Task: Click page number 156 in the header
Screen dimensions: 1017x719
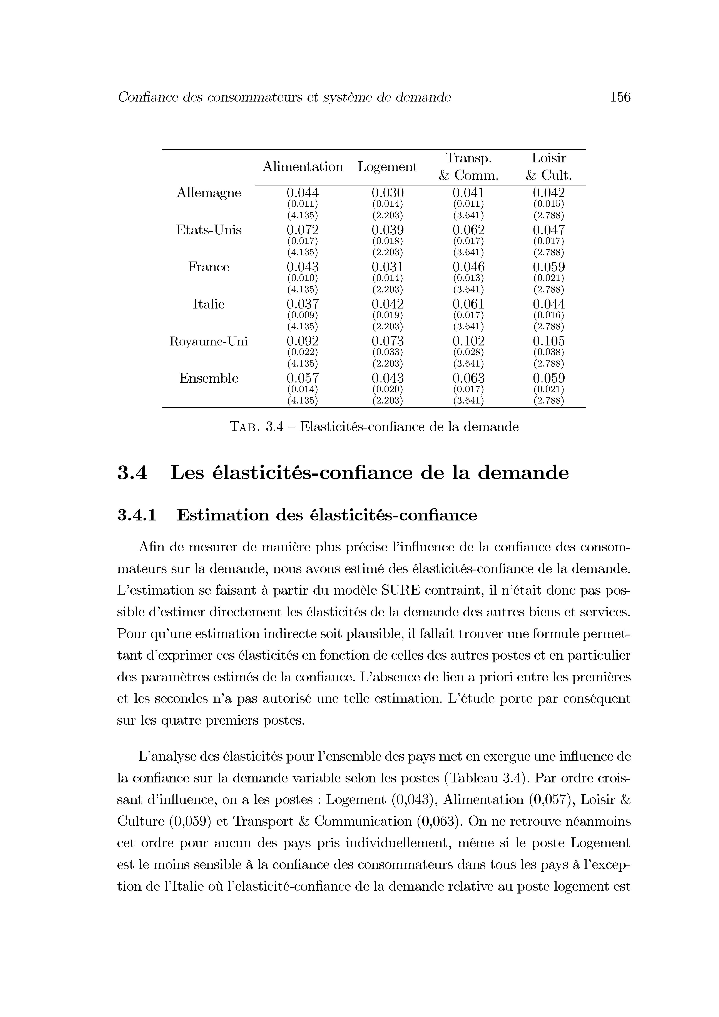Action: tap(620, 97)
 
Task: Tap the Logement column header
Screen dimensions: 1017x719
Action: tap(387, 167)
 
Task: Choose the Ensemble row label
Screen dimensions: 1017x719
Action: tap(209, 378)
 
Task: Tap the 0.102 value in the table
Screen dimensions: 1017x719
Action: tap(468, 341)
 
